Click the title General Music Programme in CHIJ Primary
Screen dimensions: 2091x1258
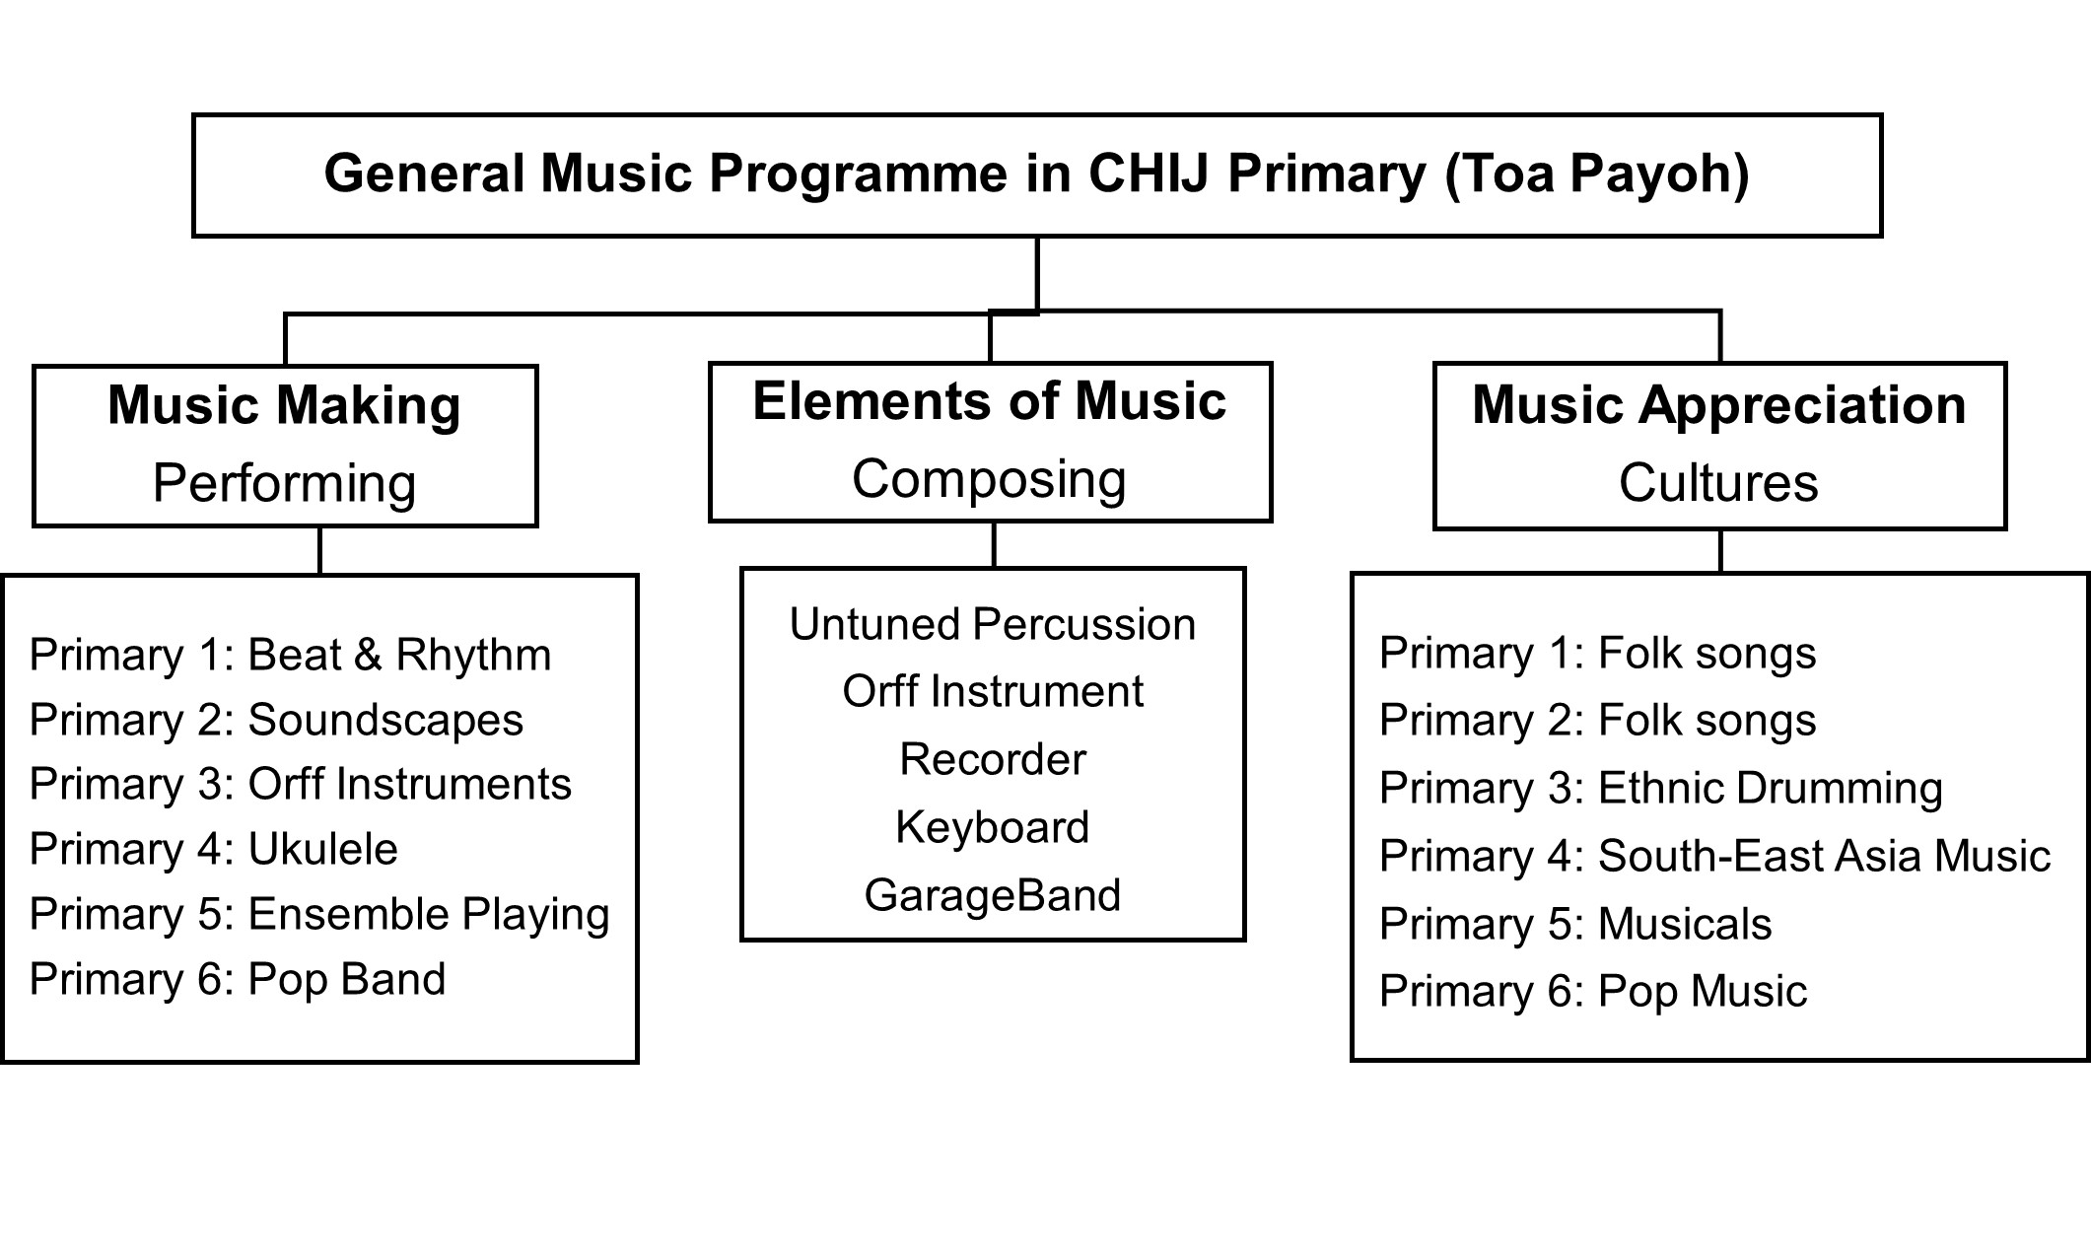click(x=1036, y=175)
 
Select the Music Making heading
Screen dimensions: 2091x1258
click(x=284, y=405)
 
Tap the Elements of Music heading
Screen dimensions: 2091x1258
click(x=989, y=401)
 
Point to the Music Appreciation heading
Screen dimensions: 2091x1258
click(x=1718, y=405)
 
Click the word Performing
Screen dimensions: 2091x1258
click(x=284, y=483)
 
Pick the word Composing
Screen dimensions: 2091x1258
click(x=989, y=479)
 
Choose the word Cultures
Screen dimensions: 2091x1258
click(x=1718, y=482)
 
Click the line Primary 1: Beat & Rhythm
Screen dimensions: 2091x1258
click(x=290, y=656)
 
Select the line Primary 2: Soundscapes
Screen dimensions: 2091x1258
click(x=276, y=721)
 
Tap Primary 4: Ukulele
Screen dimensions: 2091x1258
click(x=213, y=850)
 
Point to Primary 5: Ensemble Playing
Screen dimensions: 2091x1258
click(x=319, y=915)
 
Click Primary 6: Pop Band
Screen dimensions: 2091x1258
click(x=238, y=980)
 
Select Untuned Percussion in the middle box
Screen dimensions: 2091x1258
click(x=993, y=625)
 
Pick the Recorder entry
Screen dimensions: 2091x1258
click(x=993, y=760)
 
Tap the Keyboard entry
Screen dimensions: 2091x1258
click(x=993, y=827)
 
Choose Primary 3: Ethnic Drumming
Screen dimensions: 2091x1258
click(x=1661, y=789)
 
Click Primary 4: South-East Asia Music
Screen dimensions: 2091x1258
click(x=1715, y=857)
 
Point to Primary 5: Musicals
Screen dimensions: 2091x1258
click(x=1575, y=925)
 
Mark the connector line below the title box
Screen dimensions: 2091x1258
click(x=1037, y=275)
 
